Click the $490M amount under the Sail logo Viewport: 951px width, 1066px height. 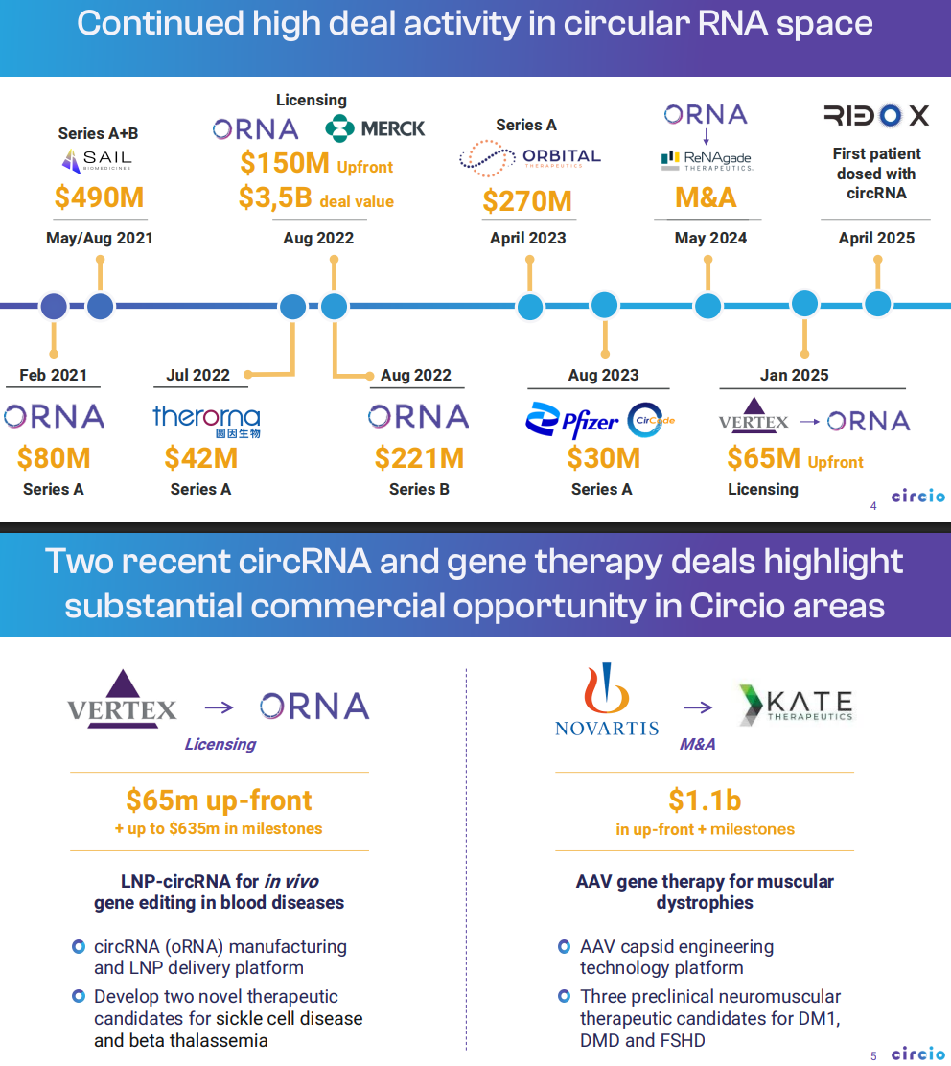click(99, 197)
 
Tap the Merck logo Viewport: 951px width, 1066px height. click(375, 127)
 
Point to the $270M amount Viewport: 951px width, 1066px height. click(527, 201)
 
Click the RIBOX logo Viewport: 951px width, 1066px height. click(876, 116)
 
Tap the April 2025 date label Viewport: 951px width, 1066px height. click(876, 238)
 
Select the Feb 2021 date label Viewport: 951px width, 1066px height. click(54, 375)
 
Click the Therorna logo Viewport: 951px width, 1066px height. click(205, 420)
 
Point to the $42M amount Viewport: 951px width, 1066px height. click(200, 458)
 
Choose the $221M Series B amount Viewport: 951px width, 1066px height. click(419, 458)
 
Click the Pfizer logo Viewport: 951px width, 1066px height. click(572, 421)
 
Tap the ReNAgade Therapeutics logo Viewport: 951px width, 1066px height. click(707, 160)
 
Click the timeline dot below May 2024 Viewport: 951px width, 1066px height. click(707, 306)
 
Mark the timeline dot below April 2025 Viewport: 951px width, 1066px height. click(878, 304)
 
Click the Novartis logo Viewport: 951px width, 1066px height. click(607, 703)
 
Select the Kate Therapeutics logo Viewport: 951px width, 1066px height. click(795, 704)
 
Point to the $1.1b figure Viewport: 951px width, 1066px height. click(705, 799)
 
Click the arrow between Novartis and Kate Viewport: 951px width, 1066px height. click(698, 707)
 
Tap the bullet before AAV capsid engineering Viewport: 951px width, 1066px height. click(565, 947)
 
